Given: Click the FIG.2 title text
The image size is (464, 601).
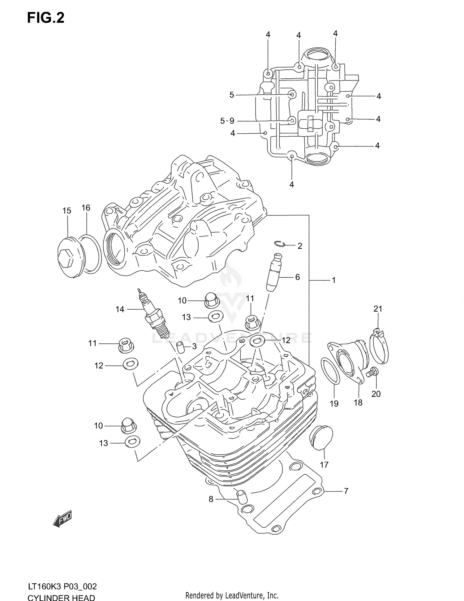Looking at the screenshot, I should [x=46, y=18].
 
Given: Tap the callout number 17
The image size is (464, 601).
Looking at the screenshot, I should [x=324, y=464].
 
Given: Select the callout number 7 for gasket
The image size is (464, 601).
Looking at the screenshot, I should [x=346, y=491].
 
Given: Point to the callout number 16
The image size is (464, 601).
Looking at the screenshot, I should [x=86, y=208].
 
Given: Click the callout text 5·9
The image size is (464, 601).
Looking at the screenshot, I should [x=227, y=121].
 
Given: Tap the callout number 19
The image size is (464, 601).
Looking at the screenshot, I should [x=334, y=403].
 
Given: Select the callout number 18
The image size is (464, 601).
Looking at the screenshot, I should [x=358, y=403].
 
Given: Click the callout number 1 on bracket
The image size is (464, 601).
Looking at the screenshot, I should [x=333, y=280].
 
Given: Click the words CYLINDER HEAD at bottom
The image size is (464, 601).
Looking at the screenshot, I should [x=61, y=597].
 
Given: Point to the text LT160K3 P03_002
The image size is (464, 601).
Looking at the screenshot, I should [x=62, y=586].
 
